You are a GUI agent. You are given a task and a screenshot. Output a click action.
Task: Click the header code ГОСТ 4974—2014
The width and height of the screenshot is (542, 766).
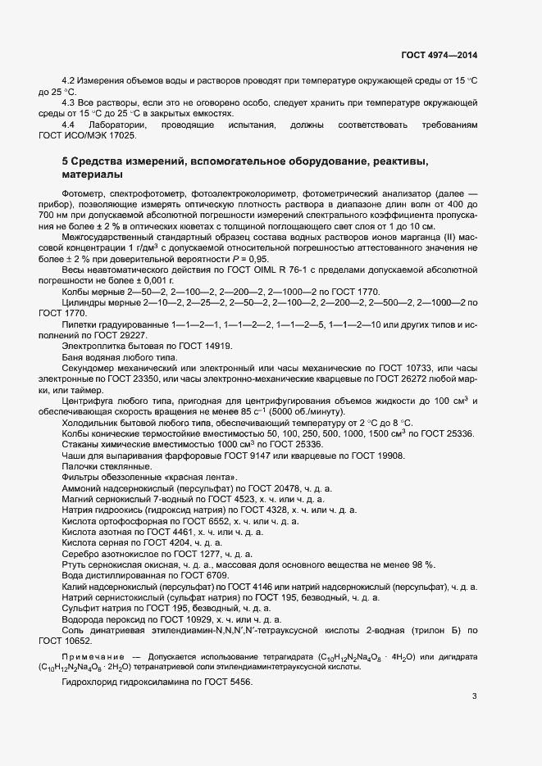439,55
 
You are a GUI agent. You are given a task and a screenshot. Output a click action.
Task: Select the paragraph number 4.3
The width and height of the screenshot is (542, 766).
70,102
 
